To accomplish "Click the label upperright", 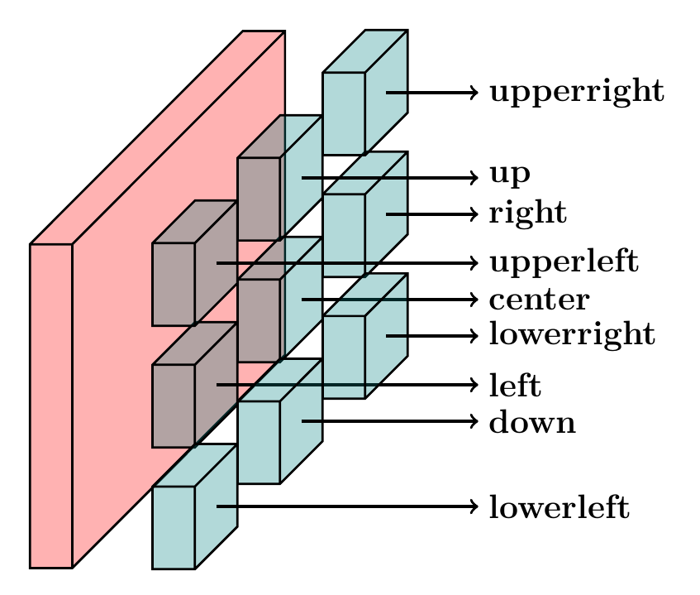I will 576,93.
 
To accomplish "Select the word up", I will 509,175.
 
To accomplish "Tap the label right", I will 528,214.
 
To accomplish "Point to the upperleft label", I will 564,263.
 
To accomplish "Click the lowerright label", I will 572,335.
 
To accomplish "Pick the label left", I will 515,385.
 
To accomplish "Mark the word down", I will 532,422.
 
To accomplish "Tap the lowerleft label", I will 559,506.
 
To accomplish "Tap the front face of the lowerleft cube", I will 174,527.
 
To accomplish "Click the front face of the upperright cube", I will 344,113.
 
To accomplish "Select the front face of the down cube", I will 259,442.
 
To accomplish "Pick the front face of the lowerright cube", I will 344,357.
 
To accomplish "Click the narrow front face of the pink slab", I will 51,405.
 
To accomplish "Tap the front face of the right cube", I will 344,235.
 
